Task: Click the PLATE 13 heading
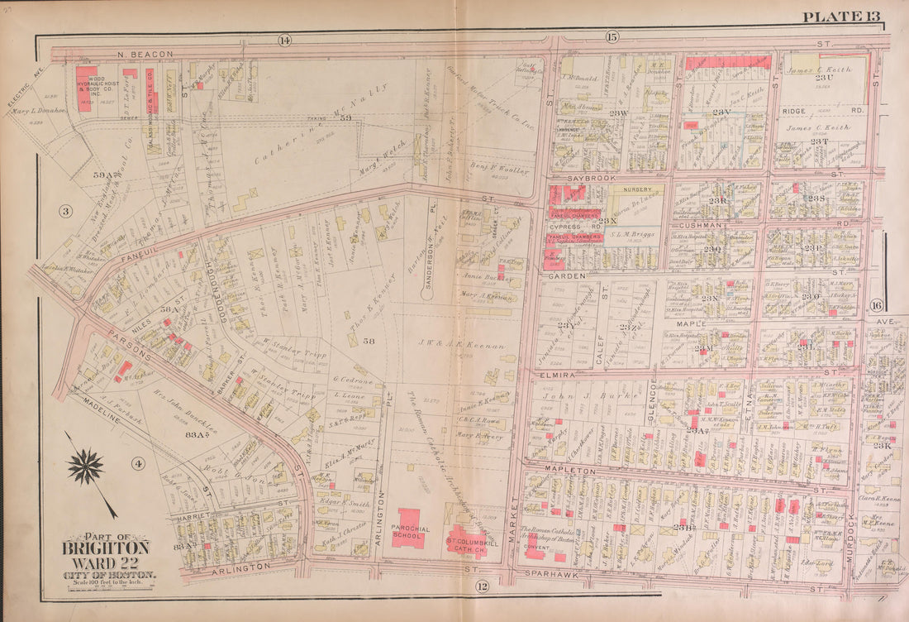841,17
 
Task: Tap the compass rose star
85,466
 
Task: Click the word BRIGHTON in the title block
107,548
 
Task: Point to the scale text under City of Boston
107,582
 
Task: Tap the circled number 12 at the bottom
481,586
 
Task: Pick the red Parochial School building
408,528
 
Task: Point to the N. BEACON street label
145,54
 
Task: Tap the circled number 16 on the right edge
876,306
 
